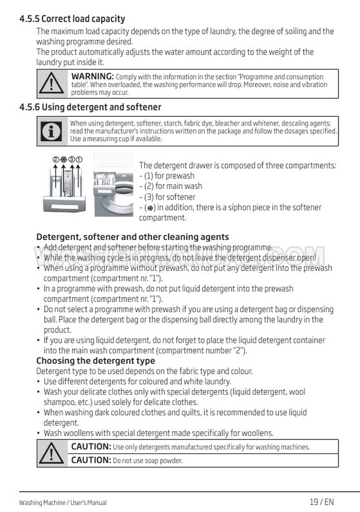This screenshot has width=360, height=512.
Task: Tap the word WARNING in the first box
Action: tap(92, 77)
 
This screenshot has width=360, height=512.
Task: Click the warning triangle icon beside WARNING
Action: tap(52, 84)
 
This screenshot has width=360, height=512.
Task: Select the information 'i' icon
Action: tap(52, 131)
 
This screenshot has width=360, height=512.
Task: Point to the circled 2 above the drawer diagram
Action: tap(56, 159)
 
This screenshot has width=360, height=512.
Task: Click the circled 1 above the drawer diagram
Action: tap(79, 159)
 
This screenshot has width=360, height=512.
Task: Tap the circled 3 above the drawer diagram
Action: tap(71, 159)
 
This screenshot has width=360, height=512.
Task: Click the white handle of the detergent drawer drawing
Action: tap(64, 204)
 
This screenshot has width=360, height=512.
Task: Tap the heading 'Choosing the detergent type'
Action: tap(96, 361)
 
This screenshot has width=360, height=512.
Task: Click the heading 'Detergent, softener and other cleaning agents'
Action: tap(132, 237)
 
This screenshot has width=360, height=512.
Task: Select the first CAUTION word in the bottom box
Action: tap(91, 446)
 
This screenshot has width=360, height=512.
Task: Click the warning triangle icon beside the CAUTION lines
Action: tap(52, 453)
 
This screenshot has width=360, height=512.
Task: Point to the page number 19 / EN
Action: tap(322, 502)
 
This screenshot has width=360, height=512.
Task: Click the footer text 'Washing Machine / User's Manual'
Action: tap(63, 503)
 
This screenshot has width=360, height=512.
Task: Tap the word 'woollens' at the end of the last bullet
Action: tap(257, 433)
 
